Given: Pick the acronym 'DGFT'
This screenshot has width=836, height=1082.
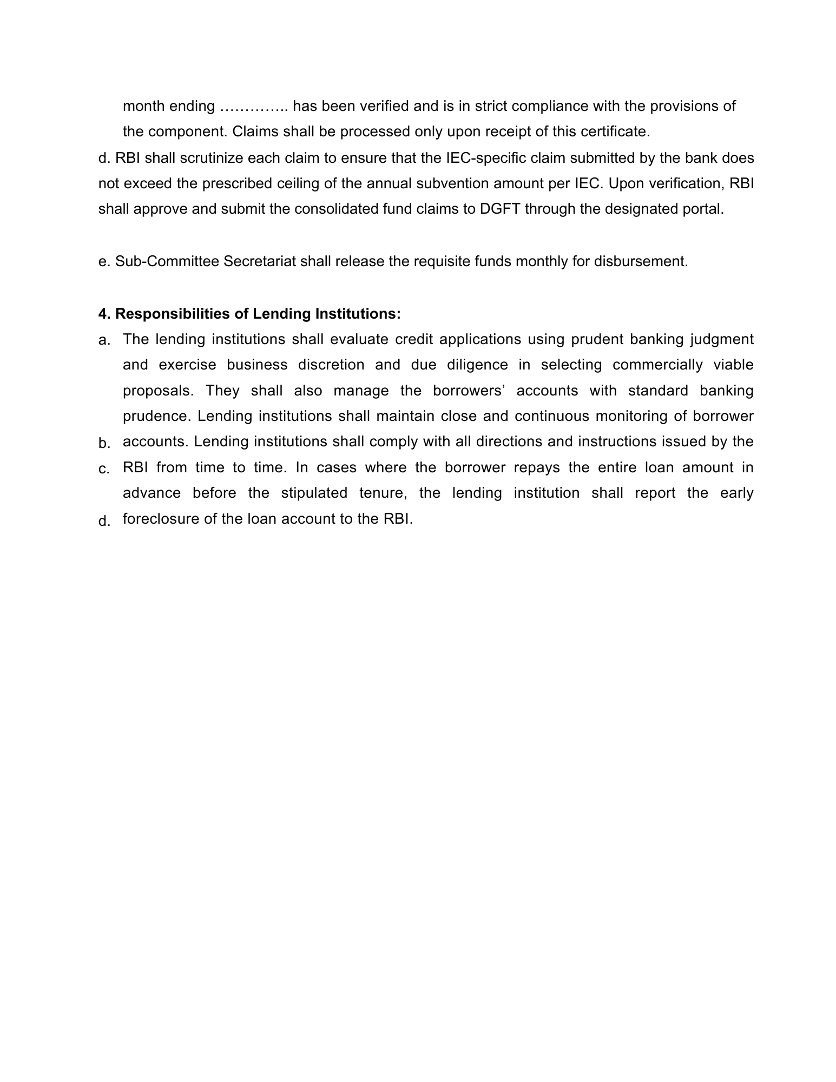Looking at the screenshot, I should click(x=498, y=209).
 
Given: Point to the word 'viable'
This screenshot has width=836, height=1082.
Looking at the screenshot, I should click(x=733, y=365).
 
